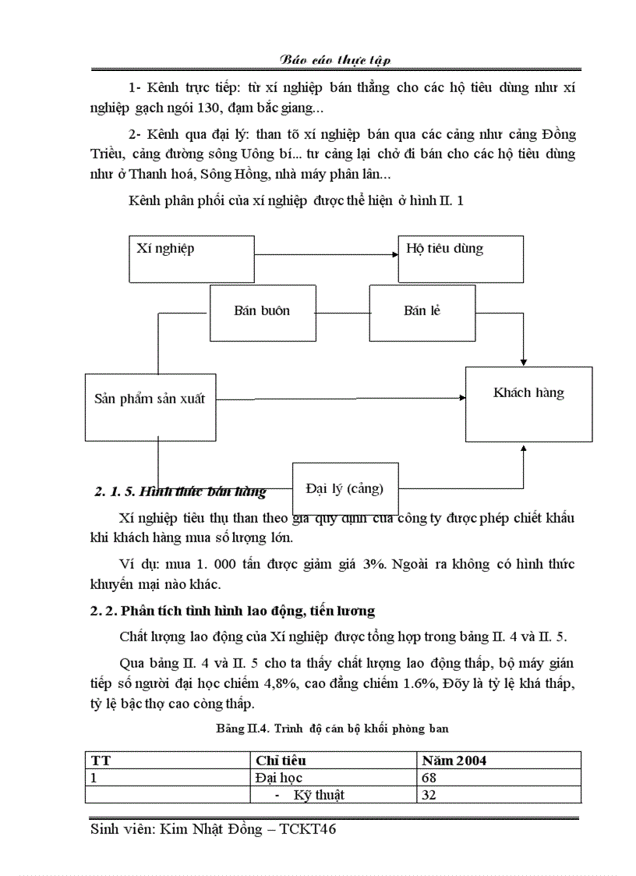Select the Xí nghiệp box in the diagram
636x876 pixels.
pos(191,258)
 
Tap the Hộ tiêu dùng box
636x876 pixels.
pos(460,258)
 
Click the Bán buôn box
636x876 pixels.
pos(262,312)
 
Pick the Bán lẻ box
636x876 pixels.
pos(422,312)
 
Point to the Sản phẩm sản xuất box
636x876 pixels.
pos(150,406)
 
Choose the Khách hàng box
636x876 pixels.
pos(528,403)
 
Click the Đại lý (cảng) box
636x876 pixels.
pos(345,489)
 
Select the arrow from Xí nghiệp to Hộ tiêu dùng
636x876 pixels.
pos(326,254)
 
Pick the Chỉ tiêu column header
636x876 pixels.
pos(281,760)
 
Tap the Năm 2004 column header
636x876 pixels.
pos(454,760)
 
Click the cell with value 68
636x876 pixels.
pos(429,778)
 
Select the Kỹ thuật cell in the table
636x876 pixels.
pos(319,796)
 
